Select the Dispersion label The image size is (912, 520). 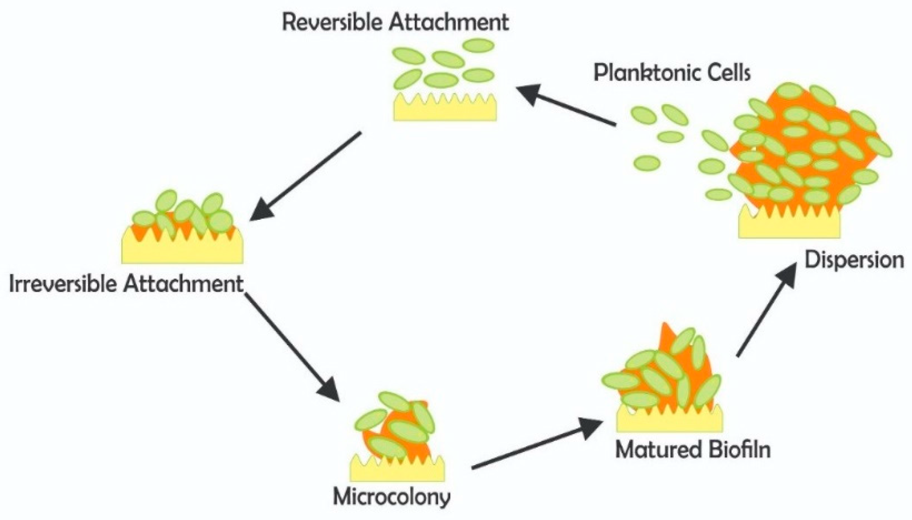(854, 260)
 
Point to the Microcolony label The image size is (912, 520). (391, 497)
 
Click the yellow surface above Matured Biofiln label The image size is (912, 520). (669, 422)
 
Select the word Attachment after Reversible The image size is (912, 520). (448, 22)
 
